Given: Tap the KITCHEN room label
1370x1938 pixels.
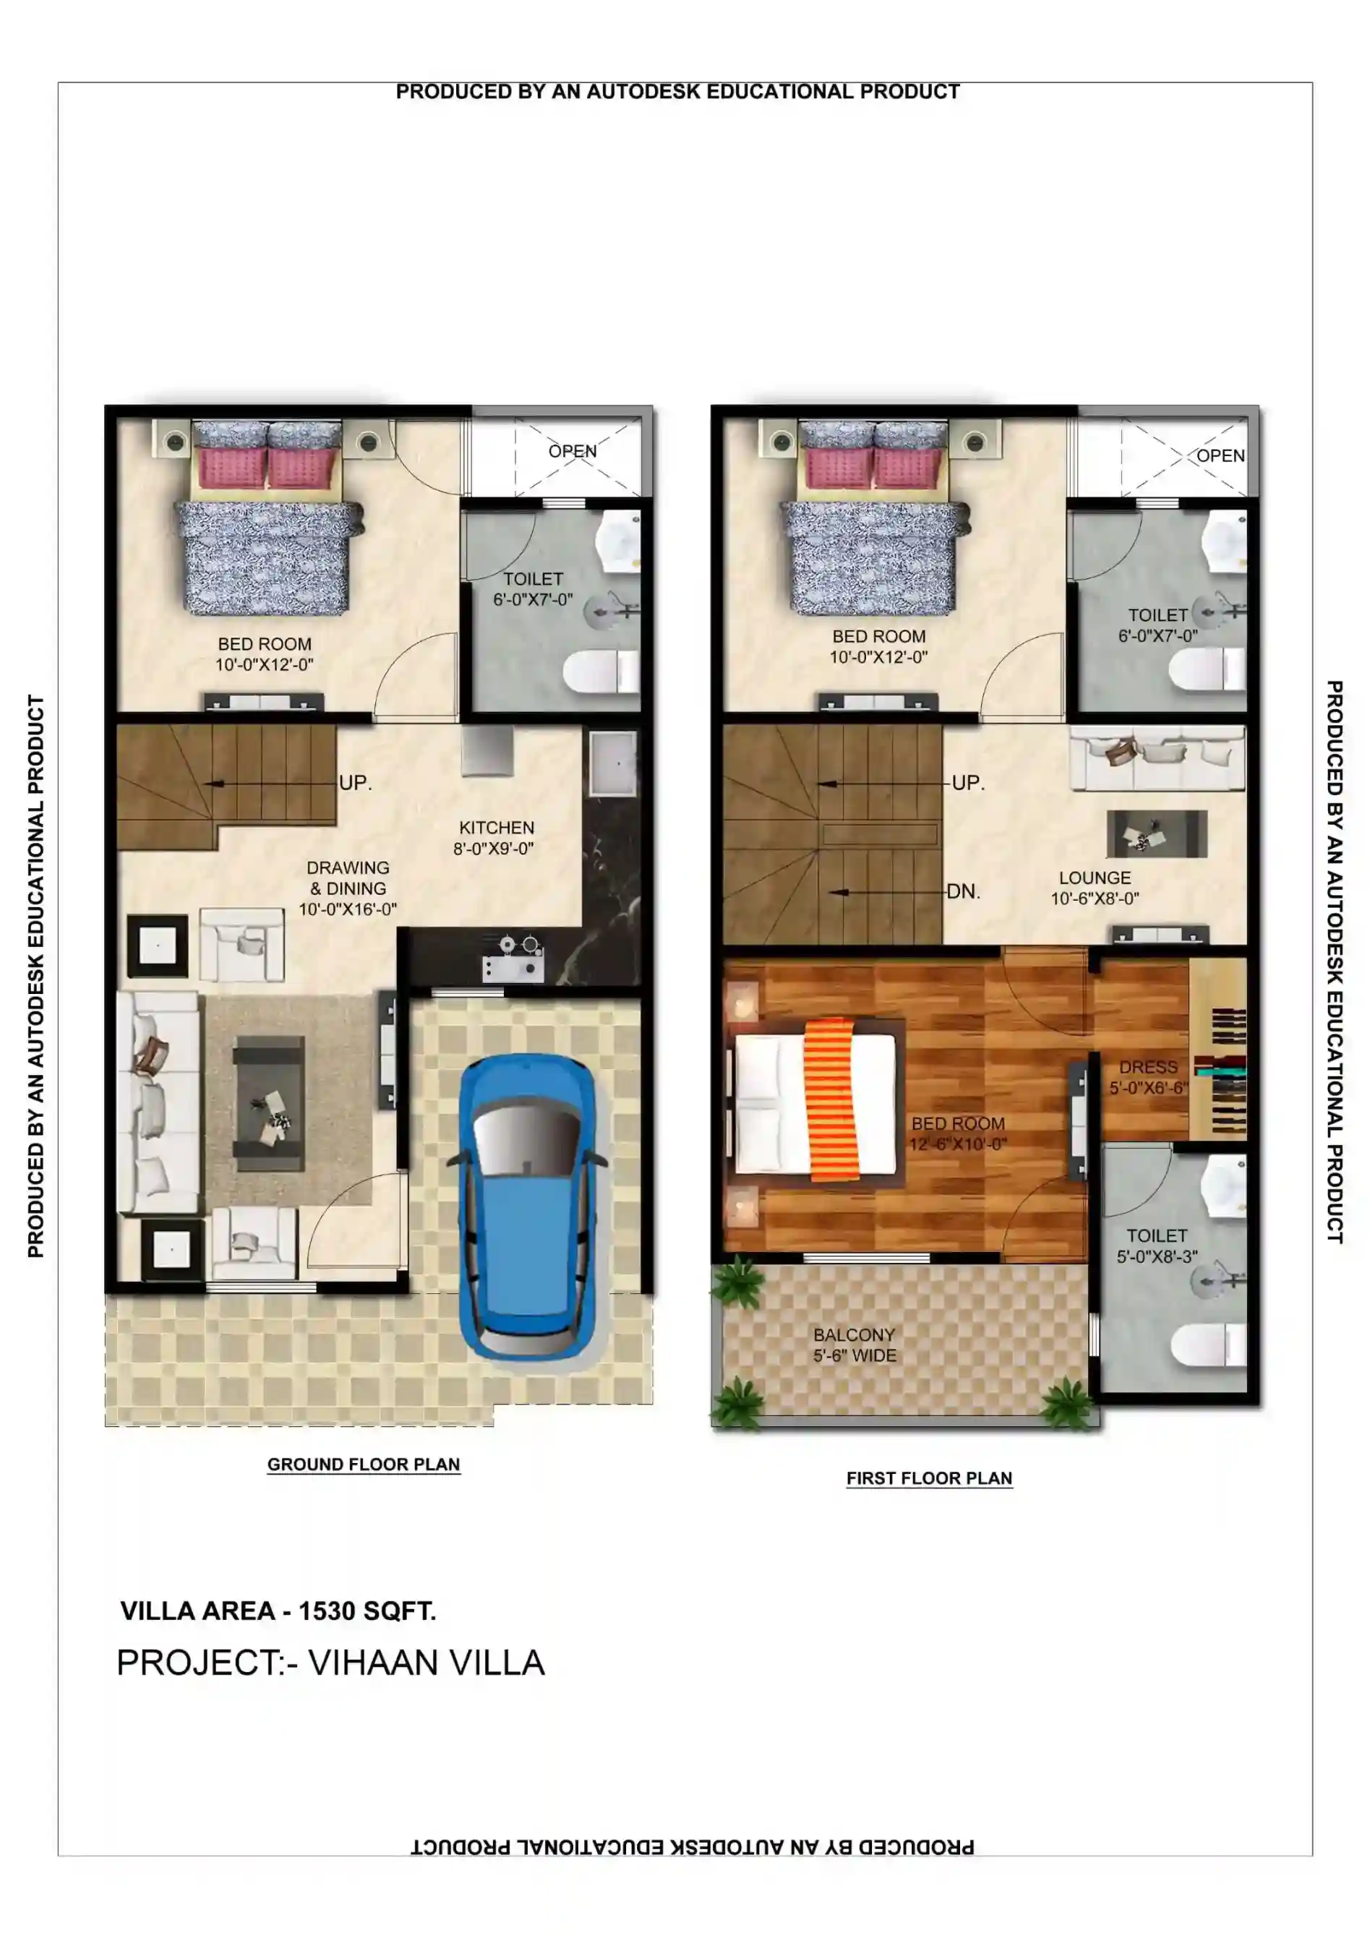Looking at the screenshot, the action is click(x=497, y=828).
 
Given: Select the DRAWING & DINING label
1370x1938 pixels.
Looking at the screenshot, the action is click(x=348, y=878).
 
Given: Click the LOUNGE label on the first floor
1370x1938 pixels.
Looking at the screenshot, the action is click(x=1095, y=878).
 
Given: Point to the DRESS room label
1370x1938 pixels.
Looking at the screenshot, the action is click(x=1148, y=1067).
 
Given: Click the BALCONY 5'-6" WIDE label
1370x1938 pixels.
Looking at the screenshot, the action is click(x=855, y=1345).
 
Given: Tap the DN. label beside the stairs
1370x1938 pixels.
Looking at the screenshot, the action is click(x=963, y=891).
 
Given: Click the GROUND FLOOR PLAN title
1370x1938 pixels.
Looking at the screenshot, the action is click(x=364, y=1465).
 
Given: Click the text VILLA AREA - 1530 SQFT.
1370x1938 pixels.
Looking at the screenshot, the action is click(x=278, y=1611).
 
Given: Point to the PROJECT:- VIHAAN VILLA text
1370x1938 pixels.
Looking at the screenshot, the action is click(x=330, y=1663).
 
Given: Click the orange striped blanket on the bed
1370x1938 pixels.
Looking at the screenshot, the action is click(x=832, y=1097).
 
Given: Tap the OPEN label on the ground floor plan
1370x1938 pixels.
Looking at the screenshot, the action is click(x=573, y=452).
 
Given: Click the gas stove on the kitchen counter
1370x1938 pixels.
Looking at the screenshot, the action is click(x=513, y=959).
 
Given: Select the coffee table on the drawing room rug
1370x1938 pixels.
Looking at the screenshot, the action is click(x=268, y=1103).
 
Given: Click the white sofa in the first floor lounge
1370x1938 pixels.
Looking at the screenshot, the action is click(x=1157, y=759).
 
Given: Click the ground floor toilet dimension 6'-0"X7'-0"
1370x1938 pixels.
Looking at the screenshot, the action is click(x=533, y=599).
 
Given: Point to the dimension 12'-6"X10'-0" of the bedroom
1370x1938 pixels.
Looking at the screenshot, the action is click(x=958, y=1144).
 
